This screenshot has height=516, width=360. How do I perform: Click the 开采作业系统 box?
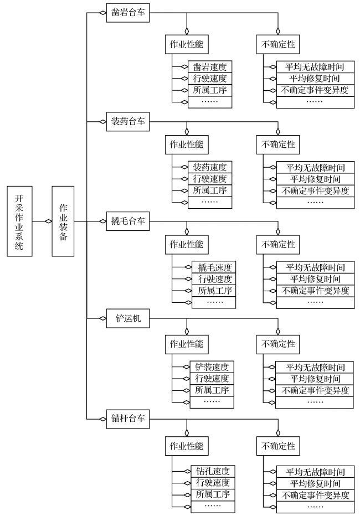19,221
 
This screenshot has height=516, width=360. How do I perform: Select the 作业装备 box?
63,221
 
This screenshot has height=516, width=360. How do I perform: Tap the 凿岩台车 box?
128,13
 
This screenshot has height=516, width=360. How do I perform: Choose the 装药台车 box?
128,121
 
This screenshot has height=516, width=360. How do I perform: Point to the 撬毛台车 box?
128,221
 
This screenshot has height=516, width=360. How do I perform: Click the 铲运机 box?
128,318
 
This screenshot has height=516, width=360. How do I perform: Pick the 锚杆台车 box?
128,419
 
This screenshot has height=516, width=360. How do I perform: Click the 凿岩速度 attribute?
210,67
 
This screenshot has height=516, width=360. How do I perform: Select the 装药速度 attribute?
210,167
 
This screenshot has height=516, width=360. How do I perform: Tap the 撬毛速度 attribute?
214,267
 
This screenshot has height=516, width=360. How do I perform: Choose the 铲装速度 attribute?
212,367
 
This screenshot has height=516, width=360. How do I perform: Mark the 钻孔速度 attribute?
213,471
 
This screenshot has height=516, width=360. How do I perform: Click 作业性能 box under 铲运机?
187,344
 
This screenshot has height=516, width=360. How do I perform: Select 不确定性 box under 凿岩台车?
278,44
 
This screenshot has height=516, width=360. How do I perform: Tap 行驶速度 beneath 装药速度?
210,179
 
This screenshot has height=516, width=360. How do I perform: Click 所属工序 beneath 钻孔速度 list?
213,494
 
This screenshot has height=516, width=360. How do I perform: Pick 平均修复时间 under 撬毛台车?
315,279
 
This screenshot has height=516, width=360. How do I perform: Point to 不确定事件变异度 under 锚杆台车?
315,495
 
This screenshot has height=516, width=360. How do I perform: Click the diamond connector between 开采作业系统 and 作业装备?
48,221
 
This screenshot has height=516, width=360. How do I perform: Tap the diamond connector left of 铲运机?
102,318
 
